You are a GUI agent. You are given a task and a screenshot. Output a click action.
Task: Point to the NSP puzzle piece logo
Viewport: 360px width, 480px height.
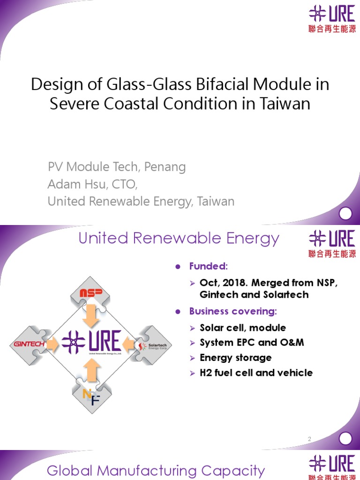pyautogui.click(x=91, y=293)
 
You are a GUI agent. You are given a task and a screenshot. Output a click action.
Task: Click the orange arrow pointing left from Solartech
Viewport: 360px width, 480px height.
pyautogui.click(x=129, y=345)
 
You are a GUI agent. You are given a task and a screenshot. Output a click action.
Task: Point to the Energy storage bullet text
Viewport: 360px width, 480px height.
pyautogui.click(x=235, y=358)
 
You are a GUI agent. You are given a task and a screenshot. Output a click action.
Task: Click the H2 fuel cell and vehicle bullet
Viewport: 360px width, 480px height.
pyautogui.click(x=256, y=373)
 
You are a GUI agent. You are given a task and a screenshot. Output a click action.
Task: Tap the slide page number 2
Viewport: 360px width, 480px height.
pyautogui.click(x=309, y=439)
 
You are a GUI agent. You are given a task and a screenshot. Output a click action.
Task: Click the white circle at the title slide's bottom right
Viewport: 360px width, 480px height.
pyautogui.click(x=345, y=214)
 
